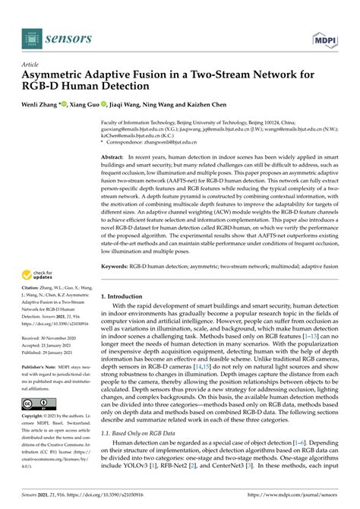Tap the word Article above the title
click(31, 65)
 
